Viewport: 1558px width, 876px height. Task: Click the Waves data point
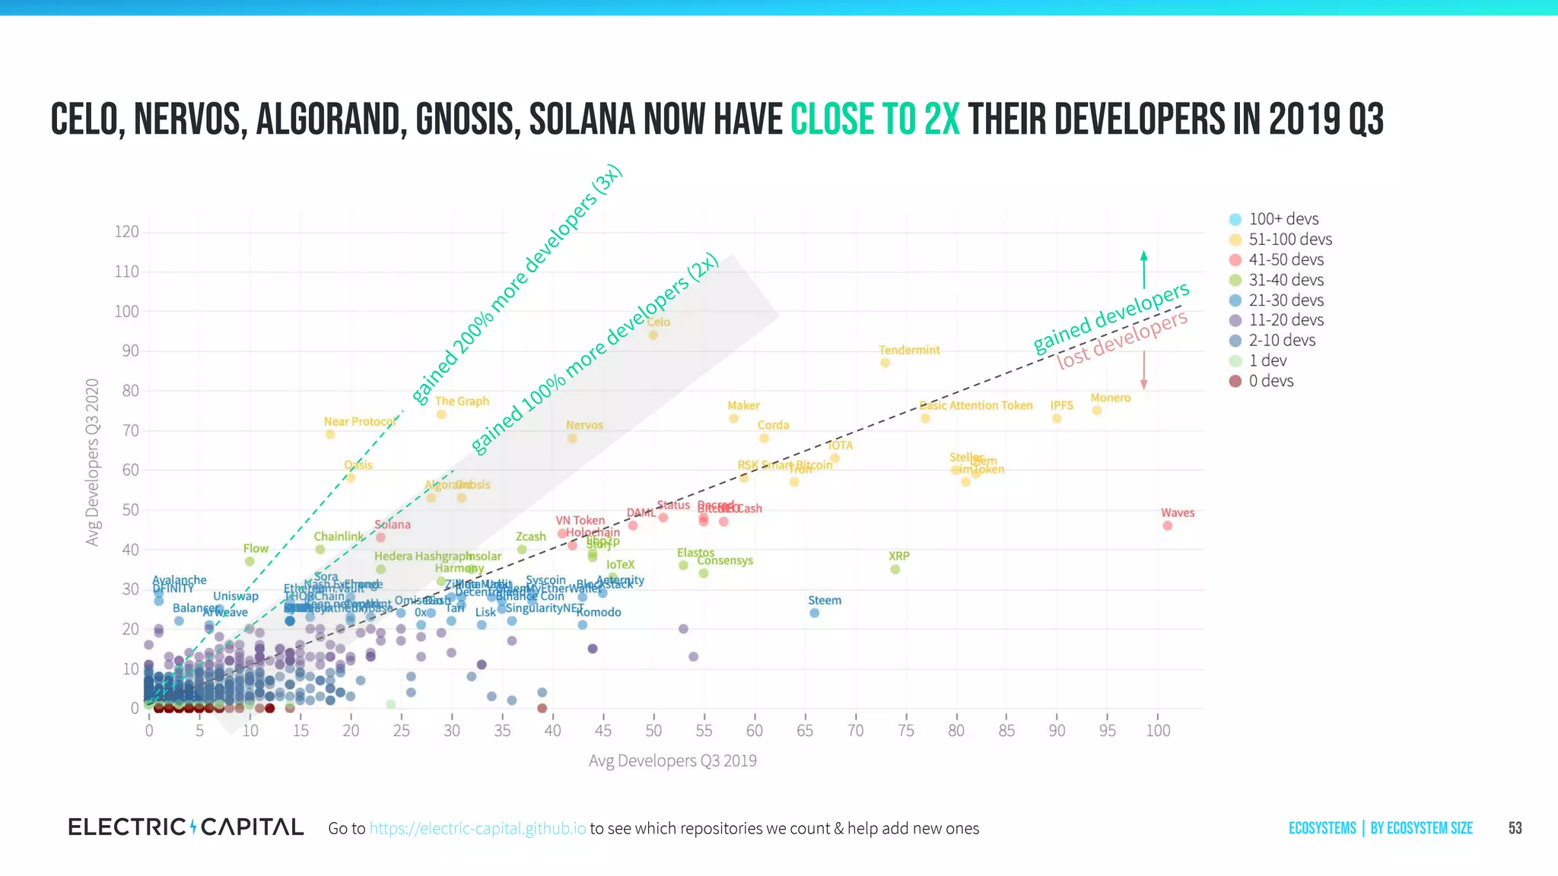(1167, 525)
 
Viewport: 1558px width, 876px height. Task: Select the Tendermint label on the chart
(909, 350)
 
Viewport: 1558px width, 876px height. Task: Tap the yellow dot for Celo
(653, 335)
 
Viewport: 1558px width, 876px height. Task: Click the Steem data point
(814, 613)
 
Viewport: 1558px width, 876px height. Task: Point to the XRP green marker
(895, 569)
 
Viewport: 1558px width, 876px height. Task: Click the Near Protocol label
(360, 421)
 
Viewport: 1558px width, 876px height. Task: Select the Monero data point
(1096, 411)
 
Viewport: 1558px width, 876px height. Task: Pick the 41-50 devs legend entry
(1286, 259)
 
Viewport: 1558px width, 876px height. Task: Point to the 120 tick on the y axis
(126, 232)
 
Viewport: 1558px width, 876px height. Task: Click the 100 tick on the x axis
(1158, 731)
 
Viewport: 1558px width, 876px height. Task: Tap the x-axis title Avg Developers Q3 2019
(672, 760)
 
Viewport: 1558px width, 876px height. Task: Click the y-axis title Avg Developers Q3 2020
(93, 462)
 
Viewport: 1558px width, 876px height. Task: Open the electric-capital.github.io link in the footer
(478, 828)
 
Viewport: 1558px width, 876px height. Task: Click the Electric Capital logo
(186, 827)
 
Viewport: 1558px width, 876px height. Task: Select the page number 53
(1515, 828)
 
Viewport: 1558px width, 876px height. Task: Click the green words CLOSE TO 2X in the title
(875, 120)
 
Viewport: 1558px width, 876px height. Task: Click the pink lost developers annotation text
(1122, 340)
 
